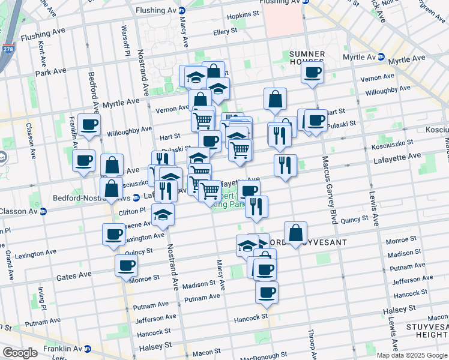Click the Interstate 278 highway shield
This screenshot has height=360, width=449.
[x=8, y=49]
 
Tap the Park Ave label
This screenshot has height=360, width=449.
[x=50, y=72]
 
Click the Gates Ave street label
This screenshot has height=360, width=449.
[x=74, y=275]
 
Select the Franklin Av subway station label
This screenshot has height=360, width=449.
[x=67, y=348]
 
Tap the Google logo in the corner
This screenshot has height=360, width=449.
[x=20, y=353]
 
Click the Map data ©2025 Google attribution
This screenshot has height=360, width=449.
[x=411, y=355]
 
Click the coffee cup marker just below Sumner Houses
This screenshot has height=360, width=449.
[x=312, y=73]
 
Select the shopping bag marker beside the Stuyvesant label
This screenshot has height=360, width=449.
[x=295, y=233]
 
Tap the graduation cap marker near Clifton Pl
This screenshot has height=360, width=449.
[x=162, y=216]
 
